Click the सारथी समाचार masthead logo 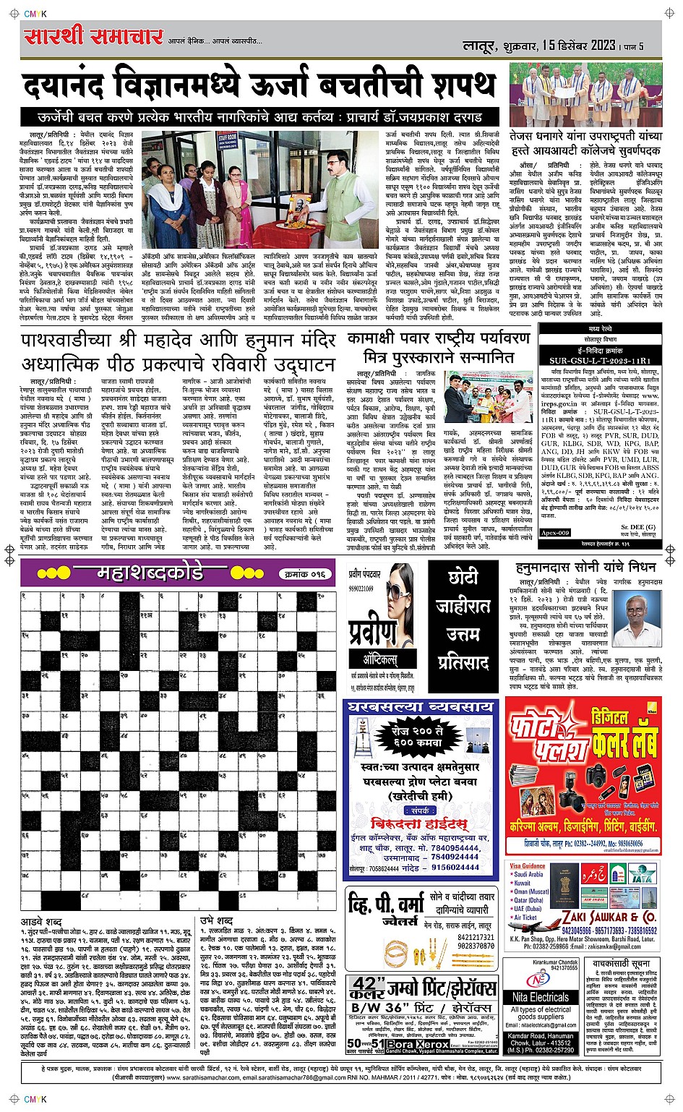point(92,36)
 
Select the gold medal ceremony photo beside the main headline point(585,94)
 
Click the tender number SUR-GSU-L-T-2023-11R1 point(600,360)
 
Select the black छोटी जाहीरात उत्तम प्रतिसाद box point(463,622)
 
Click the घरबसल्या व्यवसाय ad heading point(421,706)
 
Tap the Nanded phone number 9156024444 point(455,868)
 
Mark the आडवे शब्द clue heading point(41,922)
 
